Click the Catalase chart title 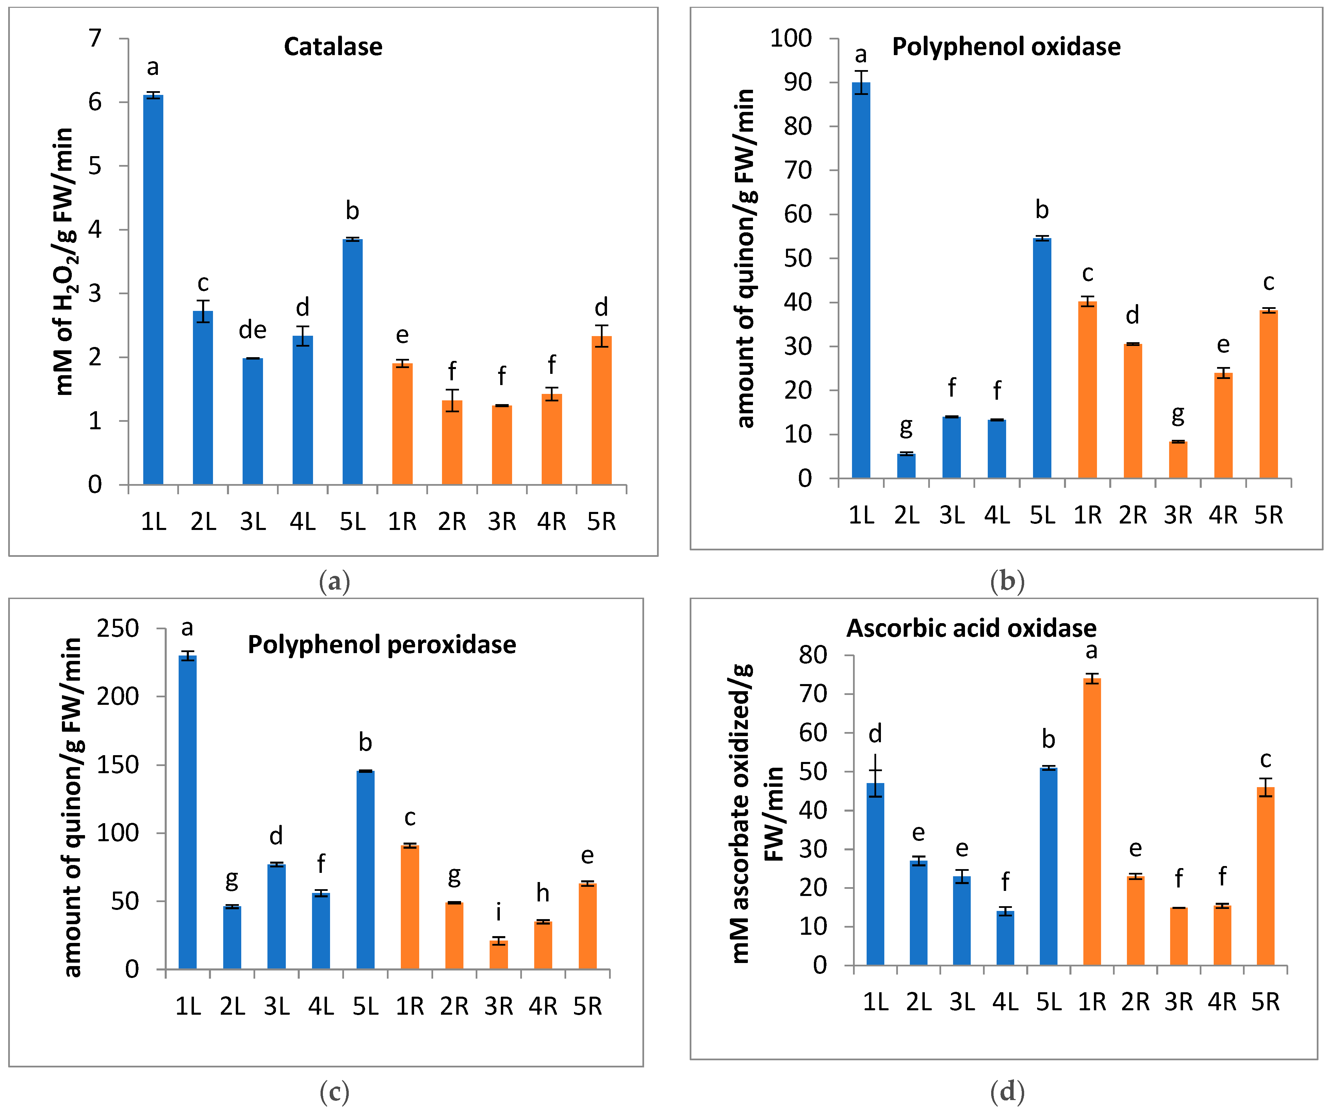click(333, 47)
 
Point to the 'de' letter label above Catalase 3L click(252, 330)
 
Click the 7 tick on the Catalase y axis click(95, 38)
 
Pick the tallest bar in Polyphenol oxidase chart click(861, 278)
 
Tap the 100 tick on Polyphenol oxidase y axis click(790, 38)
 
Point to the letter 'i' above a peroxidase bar click(498, 912)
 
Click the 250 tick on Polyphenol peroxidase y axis click(118, 629)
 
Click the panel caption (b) click(1007, 581)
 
